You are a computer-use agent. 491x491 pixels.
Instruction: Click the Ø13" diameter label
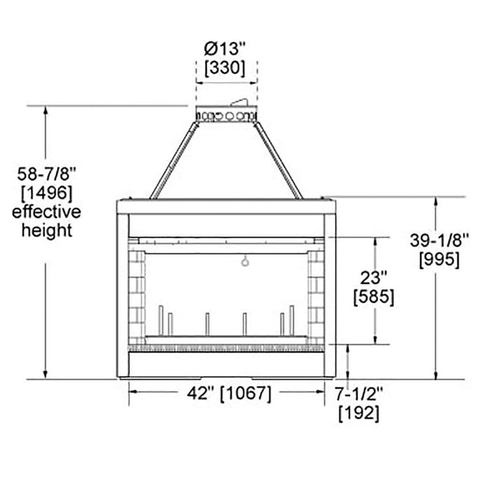(x=225, y=51)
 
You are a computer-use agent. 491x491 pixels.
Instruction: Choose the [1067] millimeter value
(x=246, y=394)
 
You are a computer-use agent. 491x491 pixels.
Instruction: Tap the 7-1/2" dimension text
(x=359, y=394)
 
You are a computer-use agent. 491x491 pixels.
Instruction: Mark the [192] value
(x=359, y=414)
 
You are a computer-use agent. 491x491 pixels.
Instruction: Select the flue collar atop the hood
(x=226, y=114)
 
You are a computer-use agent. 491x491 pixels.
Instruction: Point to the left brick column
(x=137, y=295)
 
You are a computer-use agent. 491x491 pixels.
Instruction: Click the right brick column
(x=316, y=295)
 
